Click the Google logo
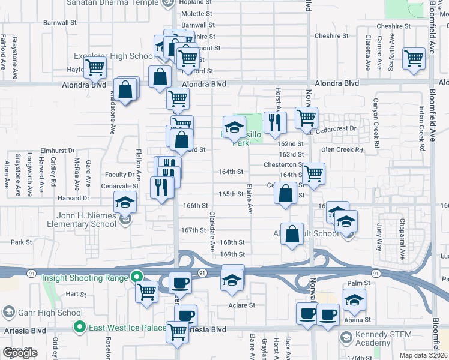pyautogui.click(x=20, y=353)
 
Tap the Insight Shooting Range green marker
pyautogui.click(x=137, y=277)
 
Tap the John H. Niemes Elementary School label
pyautogui.click(x=79, y=220)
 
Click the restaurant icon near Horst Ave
pyautogui.click(x=274, y=123)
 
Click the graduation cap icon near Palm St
pyautogui.click(x=354, y=299)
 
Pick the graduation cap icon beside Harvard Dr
pyautogui.click(x=125, y=204)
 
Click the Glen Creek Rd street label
pyautogui.click(x=342, y=150)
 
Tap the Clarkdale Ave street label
pyautogui.click(x=212, y=231)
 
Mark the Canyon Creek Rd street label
pyautogui.click(x=376, y=123)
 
